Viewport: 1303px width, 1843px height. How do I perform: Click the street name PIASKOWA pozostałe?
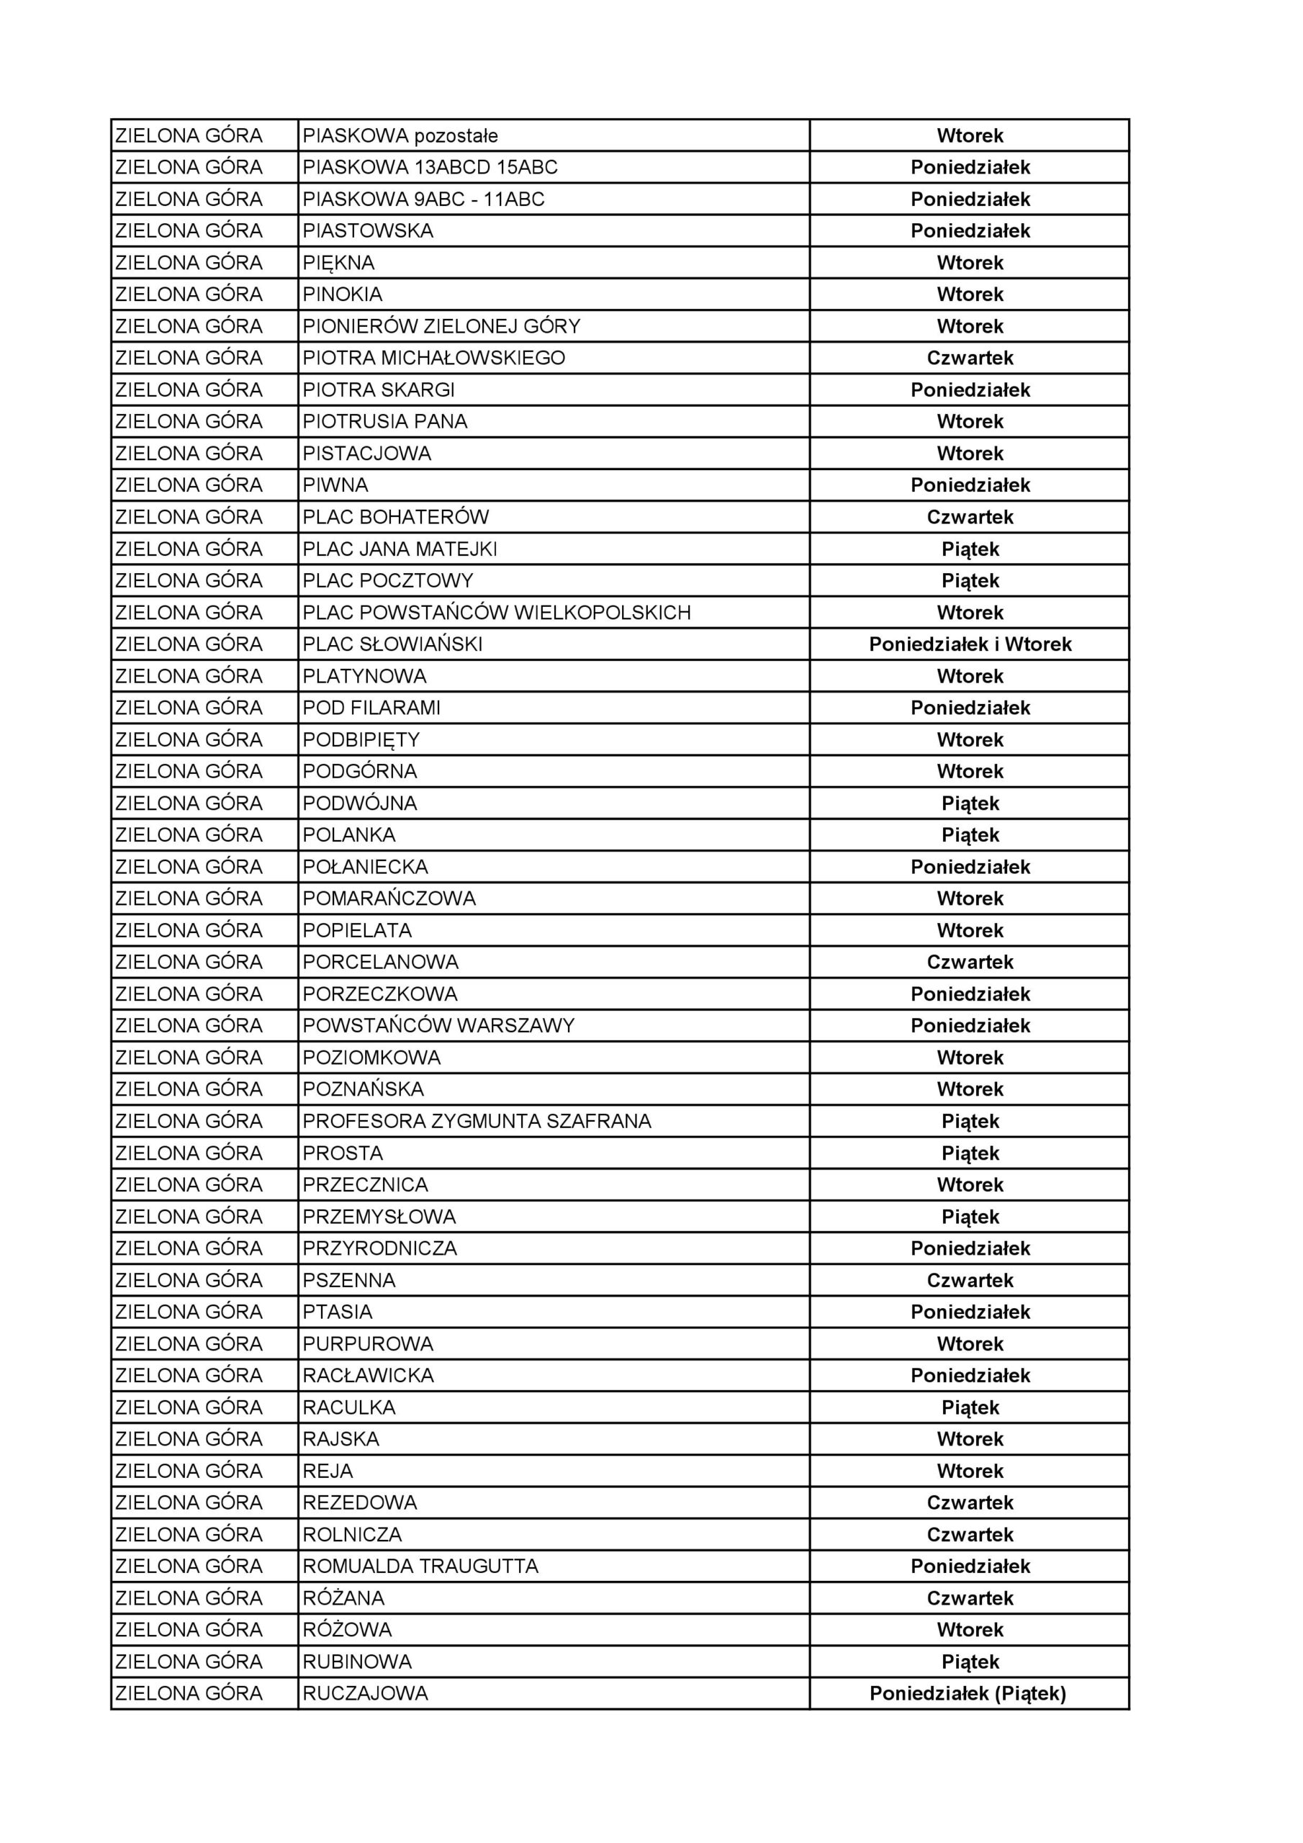(400, 135)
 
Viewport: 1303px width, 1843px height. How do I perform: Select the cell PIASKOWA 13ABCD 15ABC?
(430, 167)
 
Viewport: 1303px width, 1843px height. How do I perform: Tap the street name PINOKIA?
(342, 294)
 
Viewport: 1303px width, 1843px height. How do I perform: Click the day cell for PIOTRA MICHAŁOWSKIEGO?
(969, 358)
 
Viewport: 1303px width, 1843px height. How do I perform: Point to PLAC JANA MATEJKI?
(400, 549)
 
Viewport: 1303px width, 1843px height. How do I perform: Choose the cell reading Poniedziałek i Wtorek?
(969, 644)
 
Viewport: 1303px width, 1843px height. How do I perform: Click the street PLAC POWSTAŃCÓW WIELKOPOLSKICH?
(496, 613)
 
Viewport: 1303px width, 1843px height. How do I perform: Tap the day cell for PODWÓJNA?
(969, 803)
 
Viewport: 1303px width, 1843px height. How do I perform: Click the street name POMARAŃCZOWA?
(389, 898)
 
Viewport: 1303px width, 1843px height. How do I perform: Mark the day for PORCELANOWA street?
(969, 962)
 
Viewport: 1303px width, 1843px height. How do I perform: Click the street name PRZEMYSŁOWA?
(379, 1217)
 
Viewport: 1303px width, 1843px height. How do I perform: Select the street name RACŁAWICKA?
(368, 1376)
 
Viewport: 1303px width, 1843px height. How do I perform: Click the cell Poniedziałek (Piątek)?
(968, 1694)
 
